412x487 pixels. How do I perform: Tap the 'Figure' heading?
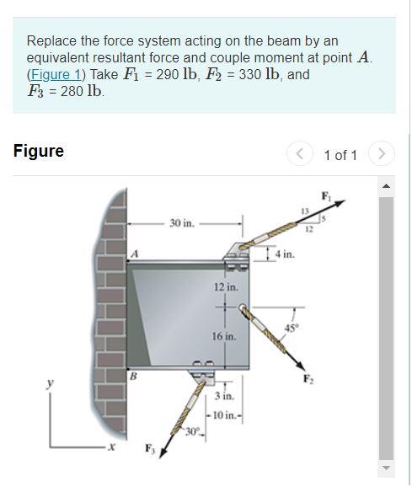coord(38,152)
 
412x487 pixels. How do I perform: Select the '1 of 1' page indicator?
coord(340,155)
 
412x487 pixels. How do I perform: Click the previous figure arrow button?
coord(299,154)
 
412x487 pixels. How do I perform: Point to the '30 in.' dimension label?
coord(181,223)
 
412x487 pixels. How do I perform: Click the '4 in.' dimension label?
coord(284,253)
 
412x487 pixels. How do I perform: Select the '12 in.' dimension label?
coord(225,288)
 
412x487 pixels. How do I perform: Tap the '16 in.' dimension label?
coord(225,336)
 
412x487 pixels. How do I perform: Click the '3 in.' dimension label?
coord(223,396)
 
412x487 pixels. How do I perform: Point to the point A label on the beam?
coord(133,254)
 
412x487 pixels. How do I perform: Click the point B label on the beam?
coord(133,377)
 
